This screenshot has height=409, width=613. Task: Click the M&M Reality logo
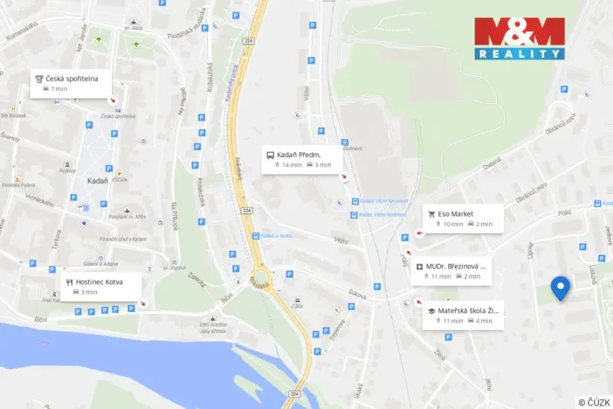520,38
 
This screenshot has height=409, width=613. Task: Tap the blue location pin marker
560,288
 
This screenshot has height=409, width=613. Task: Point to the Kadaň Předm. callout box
302,158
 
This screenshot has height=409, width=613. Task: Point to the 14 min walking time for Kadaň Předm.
292,164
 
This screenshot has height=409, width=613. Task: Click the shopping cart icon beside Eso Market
431,212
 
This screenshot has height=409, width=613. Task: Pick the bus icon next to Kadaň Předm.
271,153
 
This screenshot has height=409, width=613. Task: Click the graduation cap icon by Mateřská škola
431,310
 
